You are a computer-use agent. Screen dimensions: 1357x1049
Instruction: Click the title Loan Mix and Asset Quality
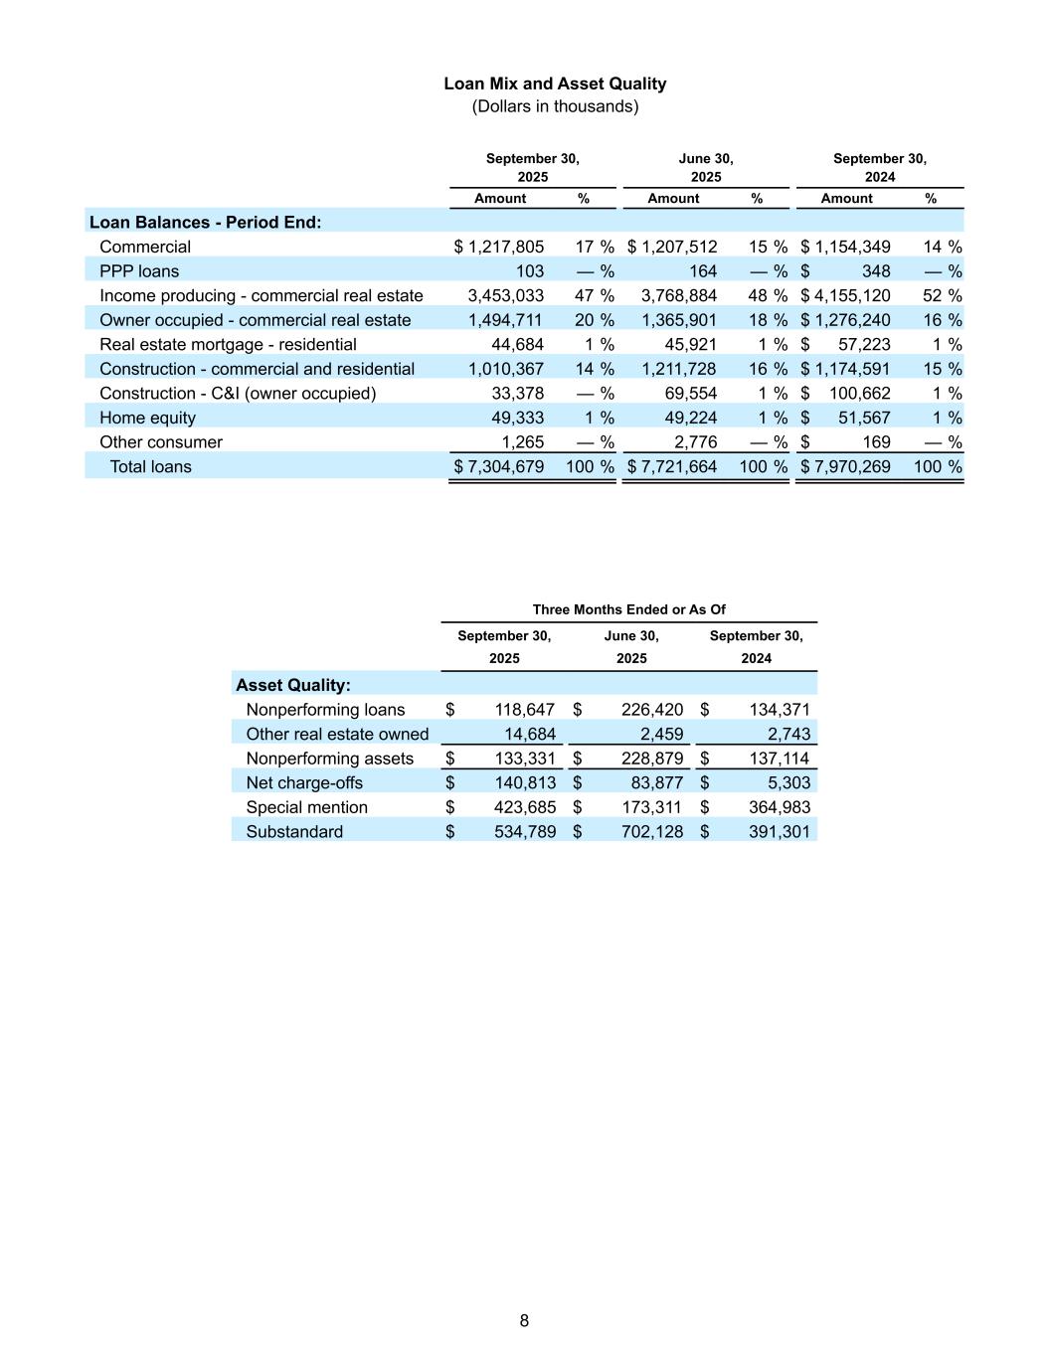tap(555, 85)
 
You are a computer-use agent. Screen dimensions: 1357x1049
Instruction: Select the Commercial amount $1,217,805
tap(500, 247)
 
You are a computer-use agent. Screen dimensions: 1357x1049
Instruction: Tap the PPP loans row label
tap(139, 271)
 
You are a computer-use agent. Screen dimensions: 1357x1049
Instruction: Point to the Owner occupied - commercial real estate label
tap(255, 320)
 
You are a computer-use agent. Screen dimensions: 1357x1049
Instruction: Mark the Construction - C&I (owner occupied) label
tap(238, 394)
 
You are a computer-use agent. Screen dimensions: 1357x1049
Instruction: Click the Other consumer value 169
tap(876, 442)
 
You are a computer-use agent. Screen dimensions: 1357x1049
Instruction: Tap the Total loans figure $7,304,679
tap(500, 466)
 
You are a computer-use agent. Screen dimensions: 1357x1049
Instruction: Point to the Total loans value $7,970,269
tap(846, 466)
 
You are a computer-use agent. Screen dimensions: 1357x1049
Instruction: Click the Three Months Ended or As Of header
tap(628, 609)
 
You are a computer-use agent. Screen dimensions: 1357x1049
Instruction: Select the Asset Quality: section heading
tap(293, 685)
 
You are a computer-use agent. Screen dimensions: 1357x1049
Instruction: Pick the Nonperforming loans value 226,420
tap(652, 710)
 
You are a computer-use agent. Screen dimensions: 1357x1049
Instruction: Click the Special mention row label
tap(306, 807)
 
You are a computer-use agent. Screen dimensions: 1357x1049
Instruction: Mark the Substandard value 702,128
tap(652, 832)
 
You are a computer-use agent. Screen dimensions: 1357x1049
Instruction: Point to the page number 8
tap(524, 1320)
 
